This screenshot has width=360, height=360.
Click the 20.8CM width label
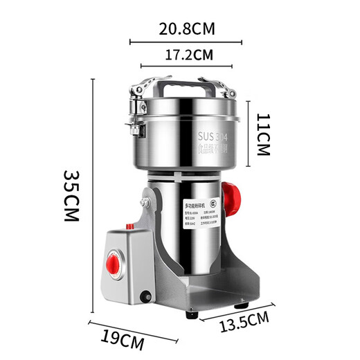click(186, 29)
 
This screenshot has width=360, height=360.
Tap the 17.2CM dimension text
click(186, 53)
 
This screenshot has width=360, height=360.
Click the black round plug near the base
click(145, 299)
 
